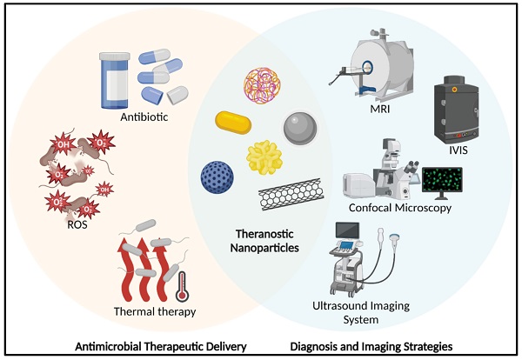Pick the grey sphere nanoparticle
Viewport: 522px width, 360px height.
[301, 132]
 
